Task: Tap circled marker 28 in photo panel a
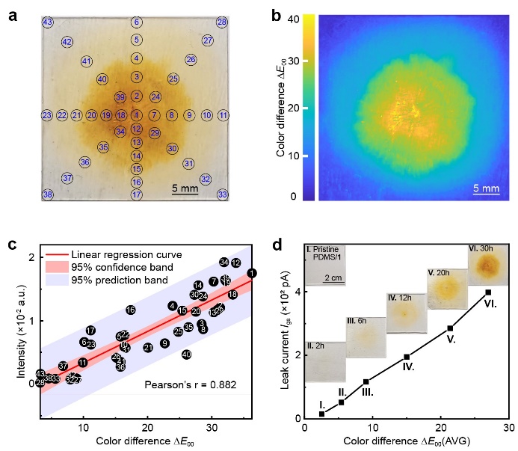[222, 22]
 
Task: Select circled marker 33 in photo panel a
[222, 194]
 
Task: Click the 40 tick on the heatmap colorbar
[296, 17]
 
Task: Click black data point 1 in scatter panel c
[252, 274]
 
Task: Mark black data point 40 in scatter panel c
[186, 355]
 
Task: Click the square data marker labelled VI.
[488, 292]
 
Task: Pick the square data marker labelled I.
[321, 414]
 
